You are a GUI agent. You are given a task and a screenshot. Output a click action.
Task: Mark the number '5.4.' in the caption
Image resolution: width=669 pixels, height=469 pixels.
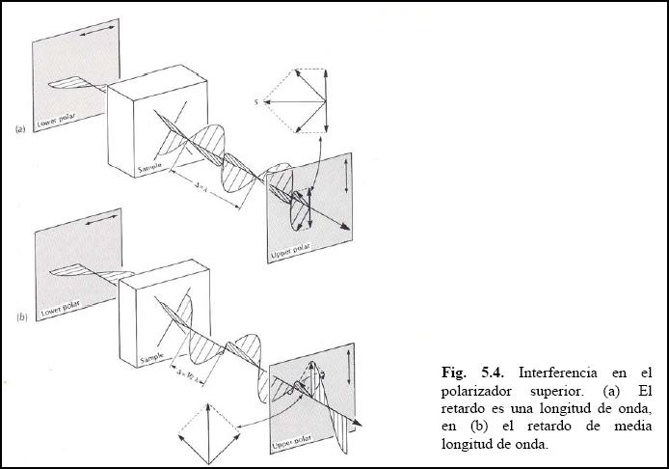[x=493, y=372]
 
